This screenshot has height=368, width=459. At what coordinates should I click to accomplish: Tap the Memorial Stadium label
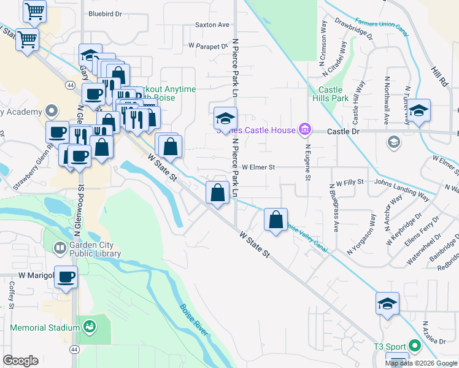45,328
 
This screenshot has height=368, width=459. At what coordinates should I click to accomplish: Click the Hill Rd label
438,76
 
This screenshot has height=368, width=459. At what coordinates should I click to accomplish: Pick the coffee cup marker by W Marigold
66,277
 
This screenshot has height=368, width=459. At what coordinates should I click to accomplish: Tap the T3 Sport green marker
414,347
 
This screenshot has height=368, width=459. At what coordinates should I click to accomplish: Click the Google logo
20,361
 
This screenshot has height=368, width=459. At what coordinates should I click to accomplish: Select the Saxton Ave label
212,25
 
